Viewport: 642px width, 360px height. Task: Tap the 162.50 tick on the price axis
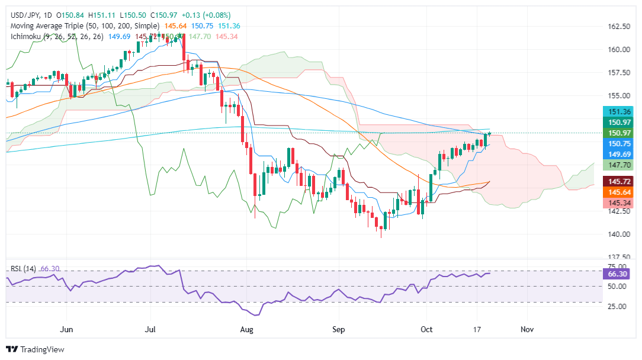pyautogui.click(x=618, y=27)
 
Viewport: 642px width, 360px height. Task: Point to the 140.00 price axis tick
pyautogui.click(x=618, y=234)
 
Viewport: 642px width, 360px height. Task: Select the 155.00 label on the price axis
pyautogui.click(x=618, y=95)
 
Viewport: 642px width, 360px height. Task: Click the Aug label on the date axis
pyautogui.click(x=248, y=329)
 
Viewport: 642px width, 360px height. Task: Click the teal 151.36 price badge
pyautogui.click(x=618, y=111)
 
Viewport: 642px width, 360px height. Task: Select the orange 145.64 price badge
pyautogui.click(x=618, y=192)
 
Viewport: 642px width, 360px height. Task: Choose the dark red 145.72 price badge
pyautogui.click(x=618, y=181)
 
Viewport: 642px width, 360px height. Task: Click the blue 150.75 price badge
pyautogui.click(x=618, y=143)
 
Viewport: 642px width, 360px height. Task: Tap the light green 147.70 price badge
pyautogui.click(x=618, y=166)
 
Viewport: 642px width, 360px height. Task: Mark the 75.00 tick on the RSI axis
pyautogui.click(x=618, y=267)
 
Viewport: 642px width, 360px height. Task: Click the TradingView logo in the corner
pyautogui.click(x=36, y=349)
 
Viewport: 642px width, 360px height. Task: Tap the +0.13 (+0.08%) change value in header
pyautogui.click(x=210, y=15)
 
